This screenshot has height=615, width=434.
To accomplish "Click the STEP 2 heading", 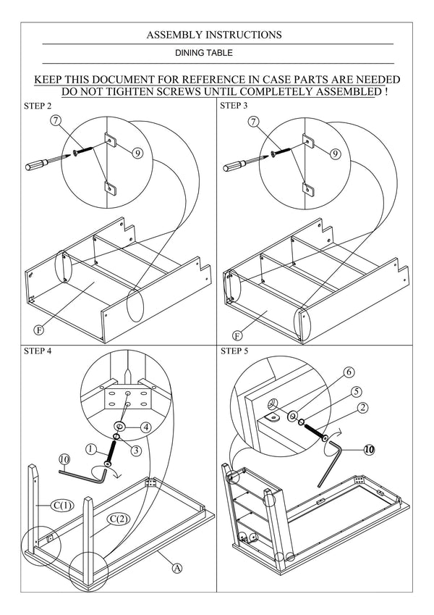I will [38, 106].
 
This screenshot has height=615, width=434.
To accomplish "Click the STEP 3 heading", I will [234, 106].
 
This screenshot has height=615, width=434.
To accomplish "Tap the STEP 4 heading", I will [38, 351].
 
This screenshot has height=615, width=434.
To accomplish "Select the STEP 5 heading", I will [234, 351].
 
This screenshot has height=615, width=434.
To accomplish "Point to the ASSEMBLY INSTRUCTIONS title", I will [214, 34].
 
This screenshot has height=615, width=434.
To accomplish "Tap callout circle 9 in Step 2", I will [138, 152].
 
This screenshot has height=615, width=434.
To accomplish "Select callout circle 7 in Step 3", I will [252, 122].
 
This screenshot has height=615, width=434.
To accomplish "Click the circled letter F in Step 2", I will [40, 330].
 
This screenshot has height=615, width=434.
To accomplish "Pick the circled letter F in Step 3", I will [237, 335].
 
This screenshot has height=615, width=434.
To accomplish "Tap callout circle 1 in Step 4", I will [91, 449].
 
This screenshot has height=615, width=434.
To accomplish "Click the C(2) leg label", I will [119, 518].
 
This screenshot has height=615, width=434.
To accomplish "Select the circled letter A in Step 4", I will [176, 569].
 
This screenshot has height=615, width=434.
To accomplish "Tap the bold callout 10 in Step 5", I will [369, 449].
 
